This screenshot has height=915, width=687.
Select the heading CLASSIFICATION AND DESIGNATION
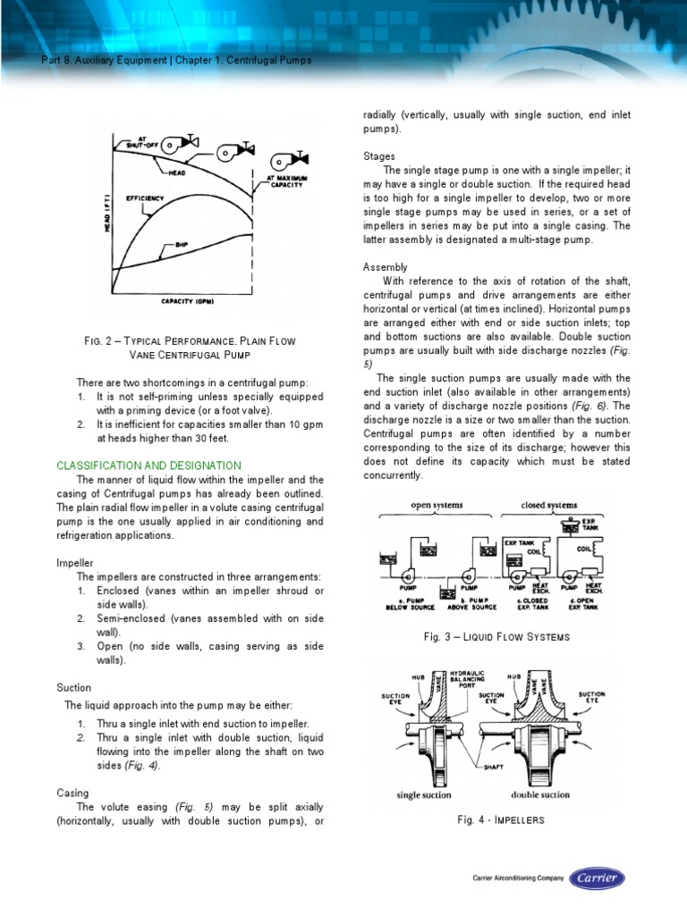[148, 466]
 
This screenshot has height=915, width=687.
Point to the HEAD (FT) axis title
[106, 214]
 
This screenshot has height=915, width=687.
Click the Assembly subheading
[385, 267]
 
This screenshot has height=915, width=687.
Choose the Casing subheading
[72, 793]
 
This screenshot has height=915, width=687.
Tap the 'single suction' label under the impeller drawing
[423, 794]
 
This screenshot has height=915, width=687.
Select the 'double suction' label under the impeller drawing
[540, 794]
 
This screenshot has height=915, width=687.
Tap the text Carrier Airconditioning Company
[518, 879]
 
